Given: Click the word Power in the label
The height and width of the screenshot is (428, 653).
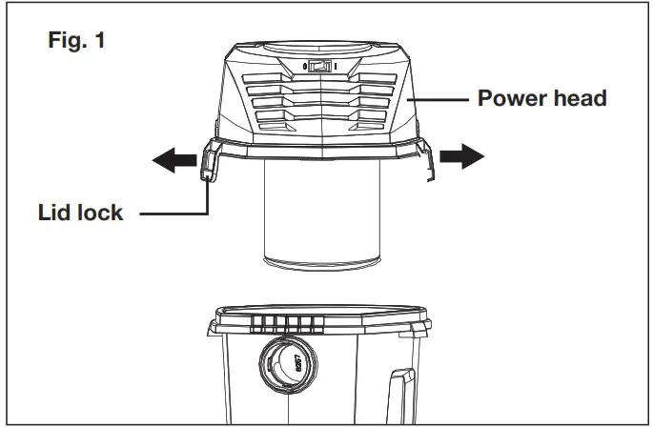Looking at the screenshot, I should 506,98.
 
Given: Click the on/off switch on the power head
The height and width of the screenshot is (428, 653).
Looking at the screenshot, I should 321,67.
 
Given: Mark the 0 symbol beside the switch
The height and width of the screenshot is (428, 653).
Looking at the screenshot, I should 304,67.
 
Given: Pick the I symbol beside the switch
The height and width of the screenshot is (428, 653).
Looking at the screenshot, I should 337,67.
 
